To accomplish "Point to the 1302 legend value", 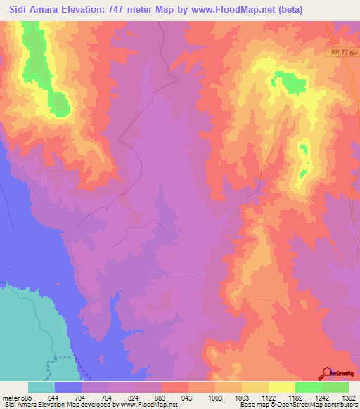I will (x=348, y=397).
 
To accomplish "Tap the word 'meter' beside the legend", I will (x=12, y=397).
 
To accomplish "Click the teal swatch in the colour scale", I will (x=41, y=387).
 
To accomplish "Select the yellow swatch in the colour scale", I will (x=281, y=387).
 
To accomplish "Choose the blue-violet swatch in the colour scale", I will (x=68, y=387).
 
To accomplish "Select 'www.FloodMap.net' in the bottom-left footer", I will (x=148, y=405).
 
